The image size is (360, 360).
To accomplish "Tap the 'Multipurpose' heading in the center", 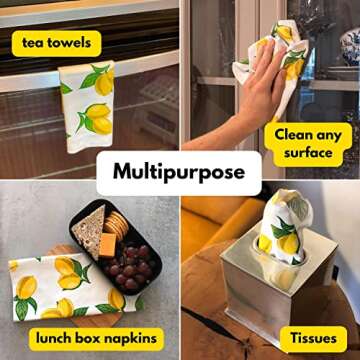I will [179, 172].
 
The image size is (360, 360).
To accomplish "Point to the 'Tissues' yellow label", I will [313, 338].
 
